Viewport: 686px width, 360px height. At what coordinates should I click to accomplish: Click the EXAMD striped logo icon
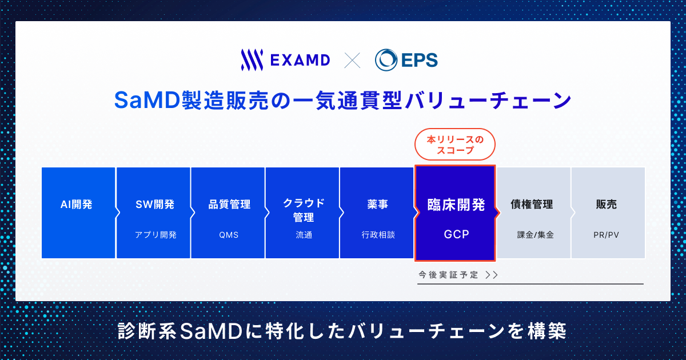coord(252,59)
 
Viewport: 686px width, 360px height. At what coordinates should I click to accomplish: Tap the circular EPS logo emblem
coord(386,59)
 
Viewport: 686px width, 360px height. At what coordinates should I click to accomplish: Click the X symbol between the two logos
coord(352,60)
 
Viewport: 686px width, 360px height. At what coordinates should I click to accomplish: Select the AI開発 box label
coord(76,204)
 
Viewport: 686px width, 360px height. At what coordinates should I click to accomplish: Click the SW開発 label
coord(155,204)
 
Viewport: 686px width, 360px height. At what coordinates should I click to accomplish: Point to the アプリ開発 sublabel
coord(156,235)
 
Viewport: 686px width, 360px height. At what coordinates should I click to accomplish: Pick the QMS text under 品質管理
coord(229,235)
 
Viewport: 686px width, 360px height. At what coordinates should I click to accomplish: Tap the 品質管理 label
coord(229,204)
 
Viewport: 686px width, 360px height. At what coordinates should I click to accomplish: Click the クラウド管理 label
coord(304,210)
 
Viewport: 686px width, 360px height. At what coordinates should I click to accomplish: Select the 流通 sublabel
coord(304,235)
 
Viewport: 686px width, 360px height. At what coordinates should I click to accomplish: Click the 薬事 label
coord(378,204)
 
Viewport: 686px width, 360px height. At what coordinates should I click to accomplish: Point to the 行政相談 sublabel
coord(378,235)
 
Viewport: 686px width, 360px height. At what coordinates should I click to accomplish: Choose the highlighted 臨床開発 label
coord(456,205)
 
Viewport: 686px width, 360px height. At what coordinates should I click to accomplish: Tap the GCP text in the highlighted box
coord(456,234)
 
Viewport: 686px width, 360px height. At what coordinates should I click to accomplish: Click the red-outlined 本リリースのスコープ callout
coord(455,145)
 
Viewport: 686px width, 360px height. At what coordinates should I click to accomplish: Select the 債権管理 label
coord(532,204)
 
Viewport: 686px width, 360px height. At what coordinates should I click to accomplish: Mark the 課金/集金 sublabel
coord(535,235)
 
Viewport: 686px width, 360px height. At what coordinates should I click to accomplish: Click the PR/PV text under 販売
coord(606,235)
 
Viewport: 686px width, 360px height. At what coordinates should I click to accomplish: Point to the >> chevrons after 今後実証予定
coord(492,275)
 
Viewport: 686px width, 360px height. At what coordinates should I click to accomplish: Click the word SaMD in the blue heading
coord(147,101)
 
